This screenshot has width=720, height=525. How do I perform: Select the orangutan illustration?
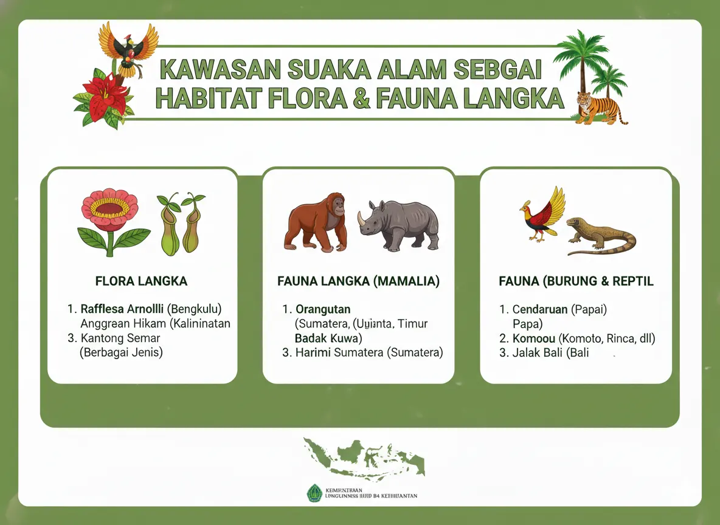point(316,222)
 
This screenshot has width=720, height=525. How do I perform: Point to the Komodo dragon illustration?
point(601,236)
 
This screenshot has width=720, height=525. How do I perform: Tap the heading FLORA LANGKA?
point(141,281)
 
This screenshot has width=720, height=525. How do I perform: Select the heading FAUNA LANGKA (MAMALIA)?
point(358,281)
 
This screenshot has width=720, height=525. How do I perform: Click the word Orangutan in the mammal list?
point(323,309)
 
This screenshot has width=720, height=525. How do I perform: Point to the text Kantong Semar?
point(120,338)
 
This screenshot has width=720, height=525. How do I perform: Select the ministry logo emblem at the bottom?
point(314,492)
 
